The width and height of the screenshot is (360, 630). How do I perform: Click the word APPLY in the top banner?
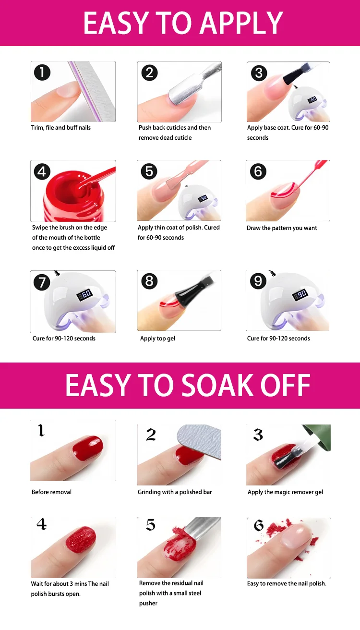(241, 24)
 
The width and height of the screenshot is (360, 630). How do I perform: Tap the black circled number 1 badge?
(42, 73)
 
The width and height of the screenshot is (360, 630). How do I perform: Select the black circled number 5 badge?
(149, 171)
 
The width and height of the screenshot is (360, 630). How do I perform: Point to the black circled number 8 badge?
(149, 281)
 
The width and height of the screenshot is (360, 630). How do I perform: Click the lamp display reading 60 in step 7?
(84, 294)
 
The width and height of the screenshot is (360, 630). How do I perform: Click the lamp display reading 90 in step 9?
(300, 294)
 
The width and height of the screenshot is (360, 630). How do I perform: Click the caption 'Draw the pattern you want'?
(282, 228)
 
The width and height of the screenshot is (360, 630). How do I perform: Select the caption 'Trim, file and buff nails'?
(61, 128)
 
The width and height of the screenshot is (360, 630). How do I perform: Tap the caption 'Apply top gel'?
(157, 339)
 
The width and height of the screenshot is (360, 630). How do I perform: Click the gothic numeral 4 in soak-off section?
(42, 524)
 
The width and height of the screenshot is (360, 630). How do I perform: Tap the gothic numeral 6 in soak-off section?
(258, 525)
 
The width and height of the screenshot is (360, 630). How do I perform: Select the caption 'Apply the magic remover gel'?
(285, 492)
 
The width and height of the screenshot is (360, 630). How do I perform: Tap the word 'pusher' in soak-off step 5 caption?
(148, 604)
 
